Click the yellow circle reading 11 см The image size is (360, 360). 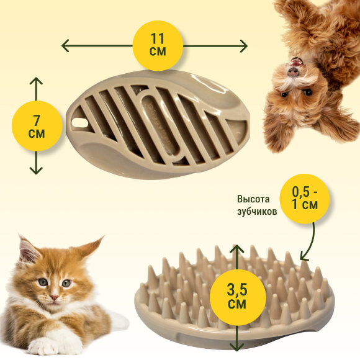point(158,46)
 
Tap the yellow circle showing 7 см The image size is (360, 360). point(37,126)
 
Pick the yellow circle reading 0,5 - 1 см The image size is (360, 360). point(304,199)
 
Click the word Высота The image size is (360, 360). point(253,199)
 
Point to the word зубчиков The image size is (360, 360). point(257,212)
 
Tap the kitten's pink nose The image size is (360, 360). point(55,297)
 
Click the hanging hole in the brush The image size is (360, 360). point(79,123)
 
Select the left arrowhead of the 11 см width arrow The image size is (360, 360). point(65,45)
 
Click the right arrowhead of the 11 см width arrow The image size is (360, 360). point(243,46)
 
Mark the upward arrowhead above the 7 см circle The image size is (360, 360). point(36,81)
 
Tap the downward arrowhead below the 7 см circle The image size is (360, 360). point(36,170)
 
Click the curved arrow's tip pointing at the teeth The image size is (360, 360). point(303,258)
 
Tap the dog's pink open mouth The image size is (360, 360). point(295,62)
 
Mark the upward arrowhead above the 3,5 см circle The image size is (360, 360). point(236,249)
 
